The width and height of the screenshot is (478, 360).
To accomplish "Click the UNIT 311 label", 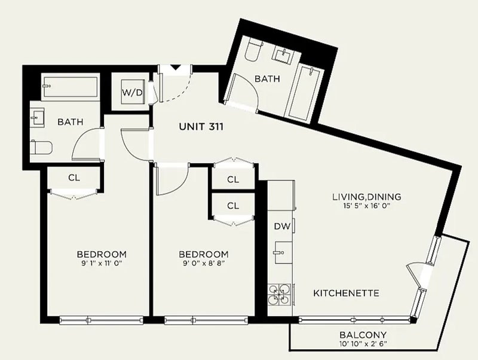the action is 201,126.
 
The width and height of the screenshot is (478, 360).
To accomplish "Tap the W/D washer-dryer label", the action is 132,92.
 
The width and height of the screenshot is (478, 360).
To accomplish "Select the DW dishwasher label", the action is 282,227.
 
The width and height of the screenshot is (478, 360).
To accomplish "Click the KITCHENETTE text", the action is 347,293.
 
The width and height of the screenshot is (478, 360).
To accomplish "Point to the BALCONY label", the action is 363,335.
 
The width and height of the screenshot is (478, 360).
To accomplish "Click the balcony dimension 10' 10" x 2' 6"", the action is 363,344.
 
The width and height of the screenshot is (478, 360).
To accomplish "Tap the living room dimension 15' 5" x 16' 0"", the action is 367,206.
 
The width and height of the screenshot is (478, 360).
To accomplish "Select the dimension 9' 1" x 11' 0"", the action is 102,263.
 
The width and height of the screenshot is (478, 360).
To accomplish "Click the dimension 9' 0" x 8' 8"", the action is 204,263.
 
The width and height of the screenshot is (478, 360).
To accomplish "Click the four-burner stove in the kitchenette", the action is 279,295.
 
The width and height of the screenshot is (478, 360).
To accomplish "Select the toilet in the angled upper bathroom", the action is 253,51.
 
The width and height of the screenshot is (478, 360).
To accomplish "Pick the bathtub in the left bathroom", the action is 70,86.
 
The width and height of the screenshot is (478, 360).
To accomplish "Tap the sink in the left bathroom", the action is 38,118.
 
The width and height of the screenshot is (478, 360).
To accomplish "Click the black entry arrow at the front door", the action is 176,67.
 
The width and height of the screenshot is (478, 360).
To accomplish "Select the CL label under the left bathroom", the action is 74,178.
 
